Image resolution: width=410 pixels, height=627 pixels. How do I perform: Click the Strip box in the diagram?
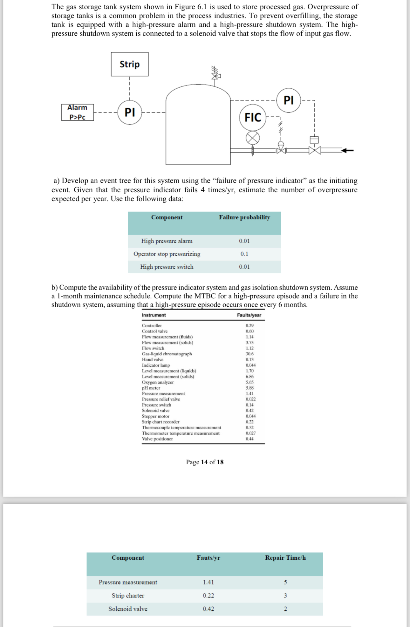129,64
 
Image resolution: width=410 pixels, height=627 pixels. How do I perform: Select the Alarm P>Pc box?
78,112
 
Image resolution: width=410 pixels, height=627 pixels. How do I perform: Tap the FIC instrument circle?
253,117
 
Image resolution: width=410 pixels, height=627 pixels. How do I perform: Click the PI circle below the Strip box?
130,112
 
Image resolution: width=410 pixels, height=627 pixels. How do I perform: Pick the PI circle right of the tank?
288,100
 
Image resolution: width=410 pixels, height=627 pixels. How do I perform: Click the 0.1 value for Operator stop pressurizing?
244,254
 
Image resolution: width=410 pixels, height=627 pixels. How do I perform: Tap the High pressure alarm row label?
167,241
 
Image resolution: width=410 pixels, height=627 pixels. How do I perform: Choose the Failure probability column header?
244,217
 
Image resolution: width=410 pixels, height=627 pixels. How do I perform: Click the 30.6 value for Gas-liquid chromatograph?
249,354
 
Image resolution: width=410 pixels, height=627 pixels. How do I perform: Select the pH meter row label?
151,388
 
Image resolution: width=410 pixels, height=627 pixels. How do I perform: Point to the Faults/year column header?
249,315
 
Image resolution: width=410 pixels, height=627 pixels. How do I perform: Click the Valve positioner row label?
157,439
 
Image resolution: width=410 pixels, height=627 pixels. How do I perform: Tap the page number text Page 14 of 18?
205,462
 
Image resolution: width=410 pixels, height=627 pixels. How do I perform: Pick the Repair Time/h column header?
285,558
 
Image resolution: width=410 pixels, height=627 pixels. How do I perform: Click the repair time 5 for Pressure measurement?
285,582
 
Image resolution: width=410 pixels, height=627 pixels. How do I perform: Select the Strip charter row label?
128,596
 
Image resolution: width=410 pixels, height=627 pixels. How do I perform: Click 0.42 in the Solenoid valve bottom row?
208,609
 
